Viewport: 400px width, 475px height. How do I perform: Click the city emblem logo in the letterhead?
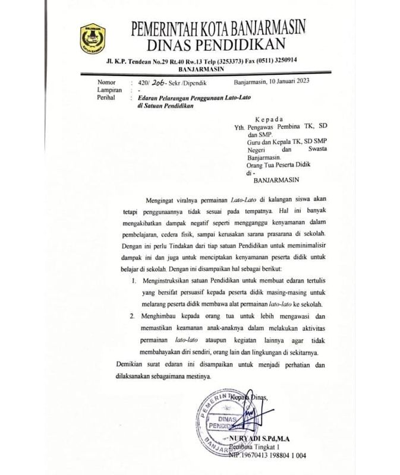coord(92,37)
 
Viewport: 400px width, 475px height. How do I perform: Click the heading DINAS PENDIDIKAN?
coord(218,44)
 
